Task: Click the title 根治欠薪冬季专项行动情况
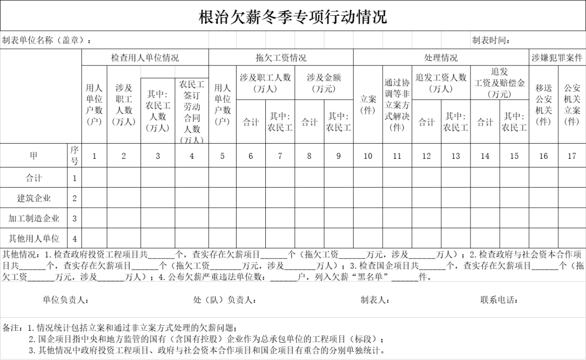click(x=293, y=17)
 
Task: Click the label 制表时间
click(x=491, y=41)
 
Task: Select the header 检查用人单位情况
click(x=145, y=57)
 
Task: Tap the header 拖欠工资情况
click(x=281, y=57)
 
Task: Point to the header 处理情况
click(x=441, y=57)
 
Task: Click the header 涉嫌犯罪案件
click(x=557, y=57)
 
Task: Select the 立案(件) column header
click(x=368, y=105)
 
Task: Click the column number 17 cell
click(x=572, y=156)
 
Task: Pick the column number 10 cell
click(x=368, y=156)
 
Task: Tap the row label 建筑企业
click(x=34, y=198)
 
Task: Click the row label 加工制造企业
click(x=34, y=218)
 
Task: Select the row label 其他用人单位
click(x=34, y=239)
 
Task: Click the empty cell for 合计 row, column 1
click(x=94, y=178)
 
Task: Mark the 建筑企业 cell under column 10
click(x=368, y=198)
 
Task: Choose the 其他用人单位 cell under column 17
click(x=572, y=239)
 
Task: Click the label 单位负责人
click(x=66, y=300)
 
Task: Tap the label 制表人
click(x=375, y=300)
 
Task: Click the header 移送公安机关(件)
click(x=544, y=105)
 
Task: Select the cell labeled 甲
click(x=34, y=156)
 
